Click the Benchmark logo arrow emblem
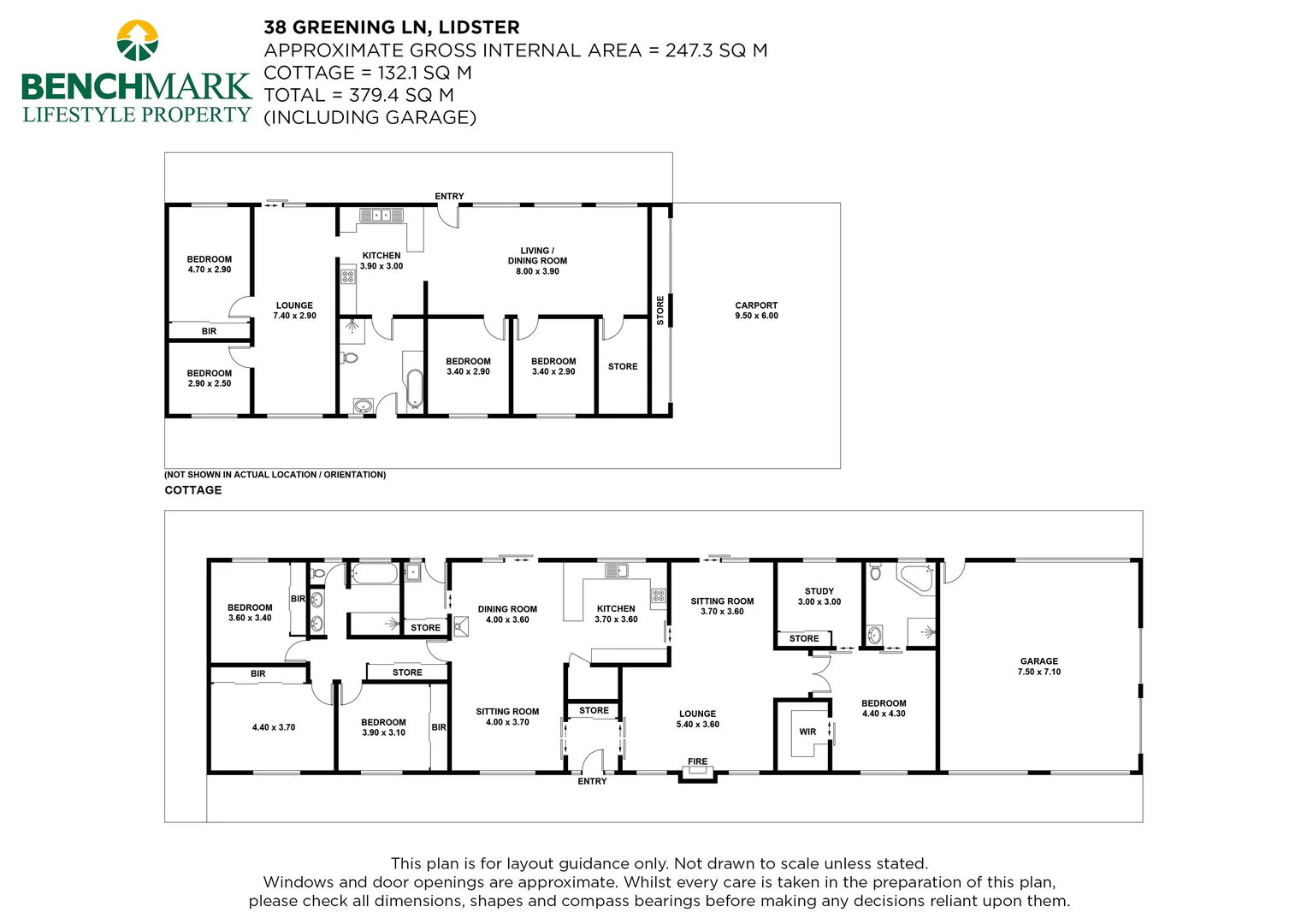pos(137,40)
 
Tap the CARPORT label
pos(756,305)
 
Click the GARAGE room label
pos(1038,661)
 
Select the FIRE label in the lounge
pos(697,761)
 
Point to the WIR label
pos(807,731)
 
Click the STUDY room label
pos(819,591)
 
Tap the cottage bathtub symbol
pos(414,388)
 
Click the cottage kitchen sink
pos(381,215)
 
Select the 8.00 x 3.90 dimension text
pos(537,271)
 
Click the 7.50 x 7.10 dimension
pos(1038,672)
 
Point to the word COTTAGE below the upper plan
pos(193,490)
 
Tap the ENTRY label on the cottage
pos(449,196)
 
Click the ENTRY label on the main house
pos(592,781)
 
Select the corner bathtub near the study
pos(915,577)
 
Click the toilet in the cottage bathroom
pos(348,357)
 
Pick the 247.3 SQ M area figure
pos(716,50)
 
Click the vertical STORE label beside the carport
pos(660,310)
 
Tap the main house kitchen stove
pos(658,595)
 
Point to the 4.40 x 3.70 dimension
pos(274,727)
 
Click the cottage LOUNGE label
pos(294,305)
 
